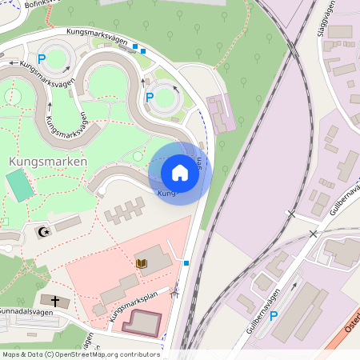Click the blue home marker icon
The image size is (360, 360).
coord(180,173)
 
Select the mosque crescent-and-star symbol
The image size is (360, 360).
coord(42,233)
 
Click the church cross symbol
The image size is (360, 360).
coord(55,301)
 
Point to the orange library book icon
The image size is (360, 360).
coord(142,262)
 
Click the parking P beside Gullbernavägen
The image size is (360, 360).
coord(273,316)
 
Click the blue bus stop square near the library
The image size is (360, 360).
coord(186,262)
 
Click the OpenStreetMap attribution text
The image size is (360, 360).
coord(80,354)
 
